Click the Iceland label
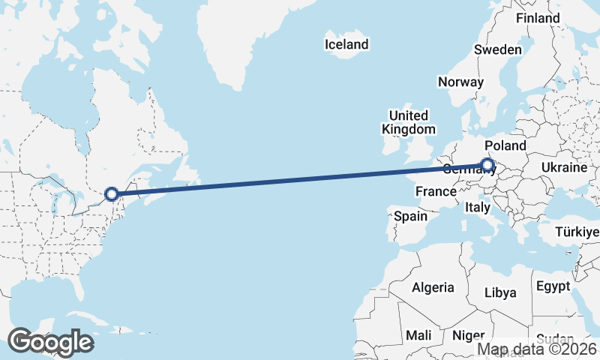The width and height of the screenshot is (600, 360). click(x=346, y=44)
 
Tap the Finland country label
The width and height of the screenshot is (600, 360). click(x=538, y=17)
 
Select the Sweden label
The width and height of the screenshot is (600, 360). click(x=497, y=49)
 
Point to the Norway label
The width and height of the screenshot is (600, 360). click(x=460, y=82)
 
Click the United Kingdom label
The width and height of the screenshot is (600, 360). click(x=408, y=122)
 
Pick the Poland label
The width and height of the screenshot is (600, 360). click(x=505, y=145)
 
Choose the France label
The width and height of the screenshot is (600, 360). click(x=436, y=191)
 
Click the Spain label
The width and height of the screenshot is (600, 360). click(x=410, y=216)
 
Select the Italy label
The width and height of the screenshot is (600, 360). click(x=478, y=206)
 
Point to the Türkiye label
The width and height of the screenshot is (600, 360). click(x=576, y=232)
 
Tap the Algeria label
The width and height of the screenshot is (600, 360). click(x=433, y=286)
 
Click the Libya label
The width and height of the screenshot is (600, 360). click(x=500, y=292)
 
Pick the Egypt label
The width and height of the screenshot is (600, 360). click(x=553, y=286)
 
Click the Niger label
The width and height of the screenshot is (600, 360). click(x=469, y=335)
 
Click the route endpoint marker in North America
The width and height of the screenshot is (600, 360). click(x=112, y=194)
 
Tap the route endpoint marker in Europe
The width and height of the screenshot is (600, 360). click(x=487, y=165)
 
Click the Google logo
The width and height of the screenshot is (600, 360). click(x=50, y=342)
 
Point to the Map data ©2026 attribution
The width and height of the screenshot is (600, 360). click(x=538, y=349)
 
